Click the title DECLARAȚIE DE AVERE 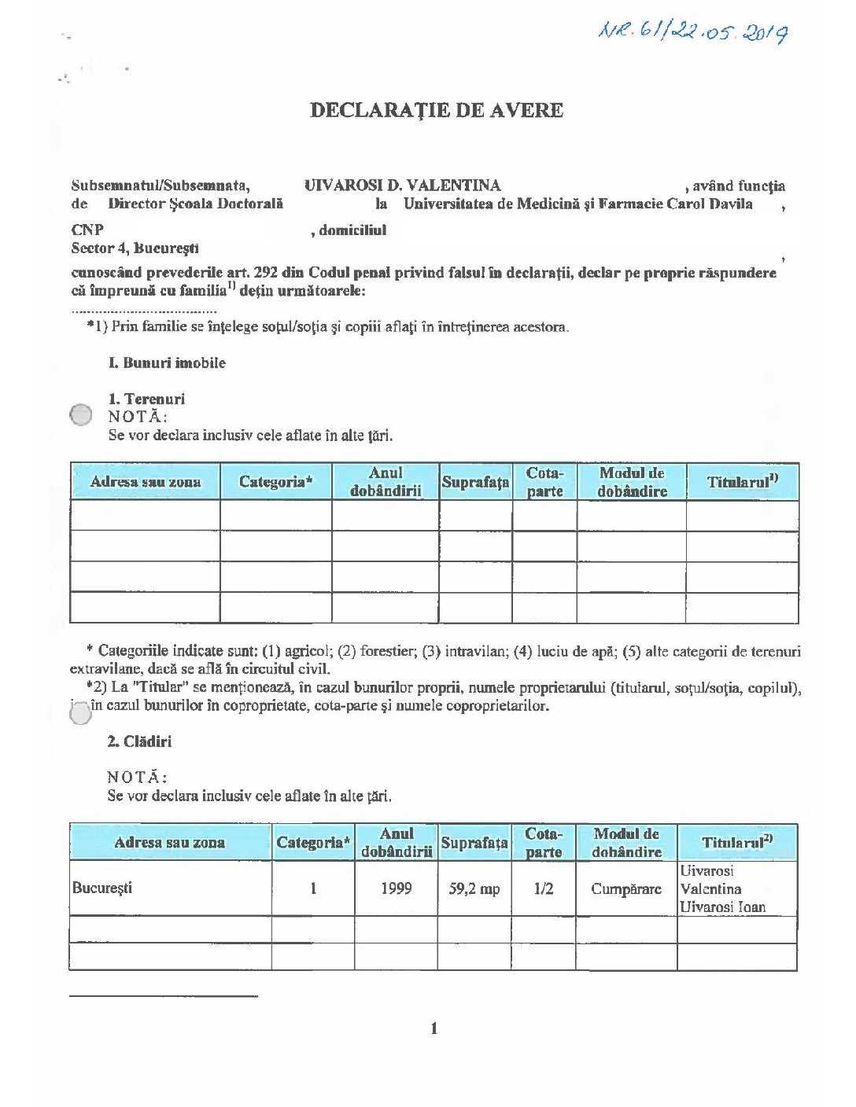pos(436,109)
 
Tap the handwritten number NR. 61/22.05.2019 pos(693,31)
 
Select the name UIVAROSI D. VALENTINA pos(402,186)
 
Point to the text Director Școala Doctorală pos(195,204)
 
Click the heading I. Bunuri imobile pos(167,362)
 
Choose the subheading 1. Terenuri pos(146,399)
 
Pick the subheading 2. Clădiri pos(139,741)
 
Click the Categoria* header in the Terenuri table pos(275,482)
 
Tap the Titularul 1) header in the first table pos(742,482)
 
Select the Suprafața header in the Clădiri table pos(474,843)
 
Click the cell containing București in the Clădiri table pos(102,888)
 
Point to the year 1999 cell pos(396,888)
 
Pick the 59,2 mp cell pos(474,888)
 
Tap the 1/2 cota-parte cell pos(544,888)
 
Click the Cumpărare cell pos(626,888)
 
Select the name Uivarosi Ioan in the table pos(722,907)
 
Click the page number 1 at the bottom pos(434,1028)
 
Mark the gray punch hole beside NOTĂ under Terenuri pos(81,414)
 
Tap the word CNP pos(87,230)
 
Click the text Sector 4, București pos(135,248)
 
